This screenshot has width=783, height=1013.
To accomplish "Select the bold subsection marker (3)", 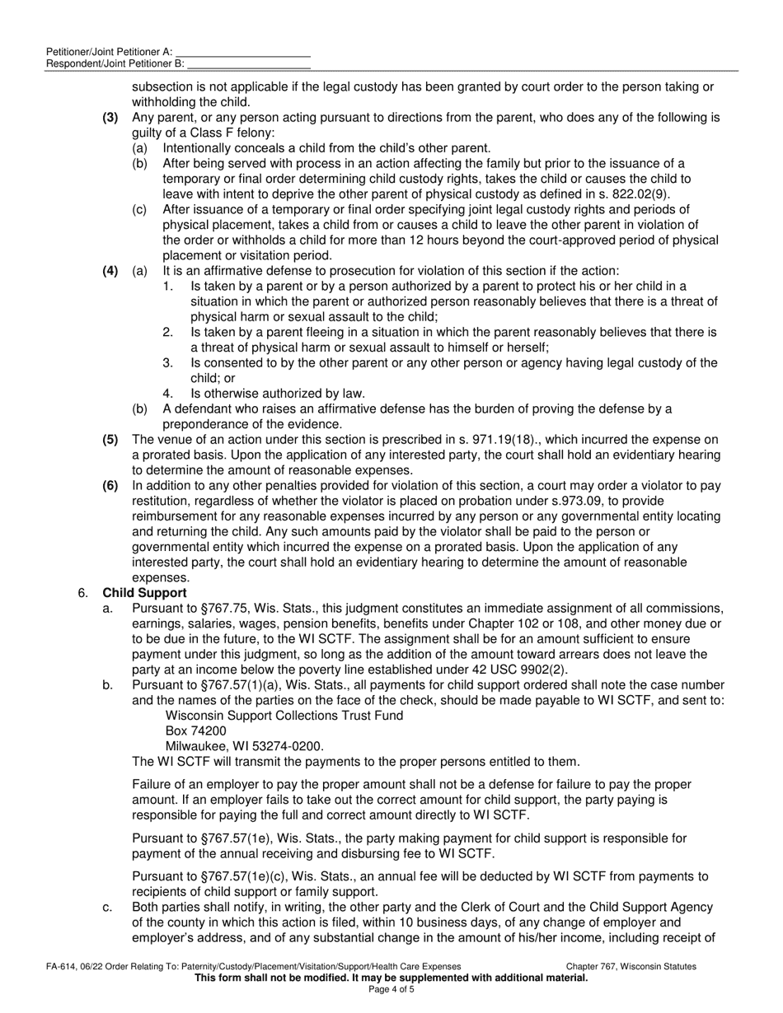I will click(x=110, y=118).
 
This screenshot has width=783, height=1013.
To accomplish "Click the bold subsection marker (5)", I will click(x=110, y=440).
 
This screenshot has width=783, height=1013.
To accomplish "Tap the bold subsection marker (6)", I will click(x=110, y=486).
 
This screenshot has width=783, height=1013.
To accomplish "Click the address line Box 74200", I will click(x=196, y=731).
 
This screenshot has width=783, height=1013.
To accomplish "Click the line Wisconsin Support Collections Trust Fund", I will click(x=284, y=716).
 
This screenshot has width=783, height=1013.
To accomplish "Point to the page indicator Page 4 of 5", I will click(x=391, y=989).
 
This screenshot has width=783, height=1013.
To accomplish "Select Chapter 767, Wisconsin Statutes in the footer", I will click(x=631, y=967).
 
